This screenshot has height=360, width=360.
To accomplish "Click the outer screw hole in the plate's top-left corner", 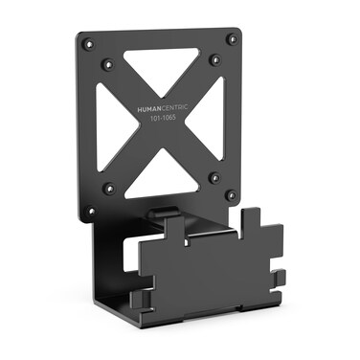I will point(88,42).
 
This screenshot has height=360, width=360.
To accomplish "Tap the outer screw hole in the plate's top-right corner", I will point(231,39).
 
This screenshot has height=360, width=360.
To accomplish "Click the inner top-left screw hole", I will point(108,64).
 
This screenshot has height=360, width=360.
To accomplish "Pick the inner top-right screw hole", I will point(214,60).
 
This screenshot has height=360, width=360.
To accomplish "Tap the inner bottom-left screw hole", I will point(108,188).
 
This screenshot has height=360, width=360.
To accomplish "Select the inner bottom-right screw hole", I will point(212,178).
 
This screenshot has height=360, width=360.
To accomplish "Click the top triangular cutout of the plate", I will point(160,69).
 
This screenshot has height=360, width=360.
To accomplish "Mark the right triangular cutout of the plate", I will point(213,119).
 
